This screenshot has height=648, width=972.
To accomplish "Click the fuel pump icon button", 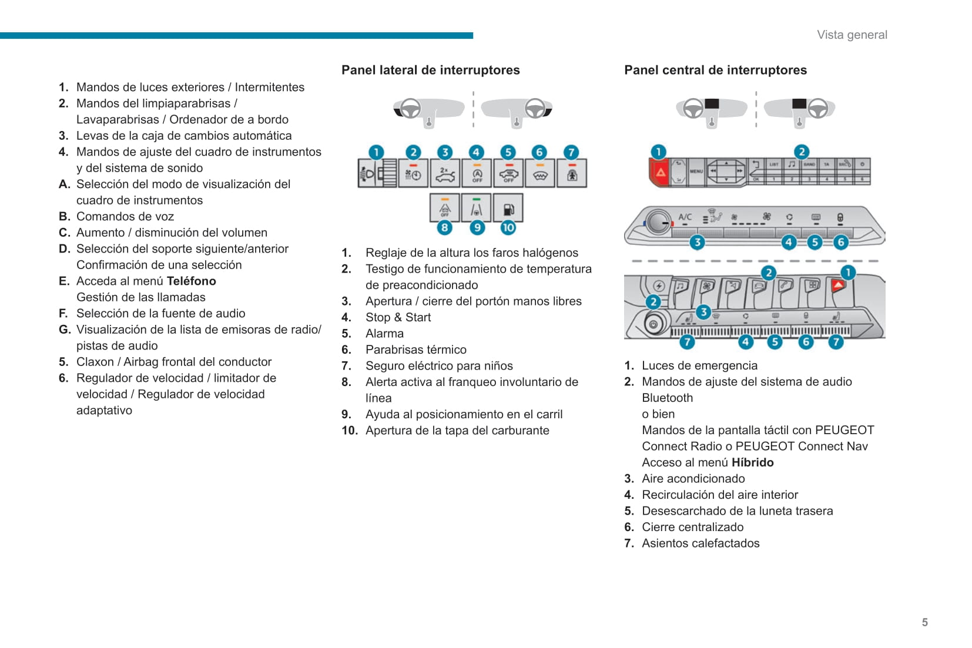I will [x=508, y=209].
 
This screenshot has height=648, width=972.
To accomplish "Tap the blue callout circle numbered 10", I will [x=508, y=227].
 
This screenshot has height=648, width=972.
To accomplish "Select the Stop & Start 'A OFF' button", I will [x=477, y=174].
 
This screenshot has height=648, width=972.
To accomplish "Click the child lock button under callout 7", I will [x=572, y=174].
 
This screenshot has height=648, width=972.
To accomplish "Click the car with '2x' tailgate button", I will [x=445, y=174].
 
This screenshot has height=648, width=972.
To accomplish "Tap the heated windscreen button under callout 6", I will [x=540, y=174].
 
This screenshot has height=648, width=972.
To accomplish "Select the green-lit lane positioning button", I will [x=477, y=209].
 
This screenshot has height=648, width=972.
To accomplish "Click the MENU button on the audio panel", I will [x=696, y=172].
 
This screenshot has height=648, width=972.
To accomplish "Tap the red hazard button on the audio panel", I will [x=661, y=172].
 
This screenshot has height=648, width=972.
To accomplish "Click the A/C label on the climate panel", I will [x=685, y=217].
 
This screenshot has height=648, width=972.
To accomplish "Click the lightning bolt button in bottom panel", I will [x=659, y=286].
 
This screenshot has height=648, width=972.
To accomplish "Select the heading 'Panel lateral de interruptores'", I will [x=430, y=70].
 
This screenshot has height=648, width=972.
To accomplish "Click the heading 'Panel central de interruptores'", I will [x=715, y=70].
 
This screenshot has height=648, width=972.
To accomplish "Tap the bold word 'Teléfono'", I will [x=191, y=281].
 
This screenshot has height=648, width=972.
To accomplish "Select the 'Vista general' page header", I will [x=852, y=35].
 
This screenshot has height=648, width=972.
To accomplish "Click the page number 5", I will [x=924, y=622].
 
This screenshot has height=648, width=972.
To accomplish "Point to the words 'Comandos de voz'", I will [x=125, y=216].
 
